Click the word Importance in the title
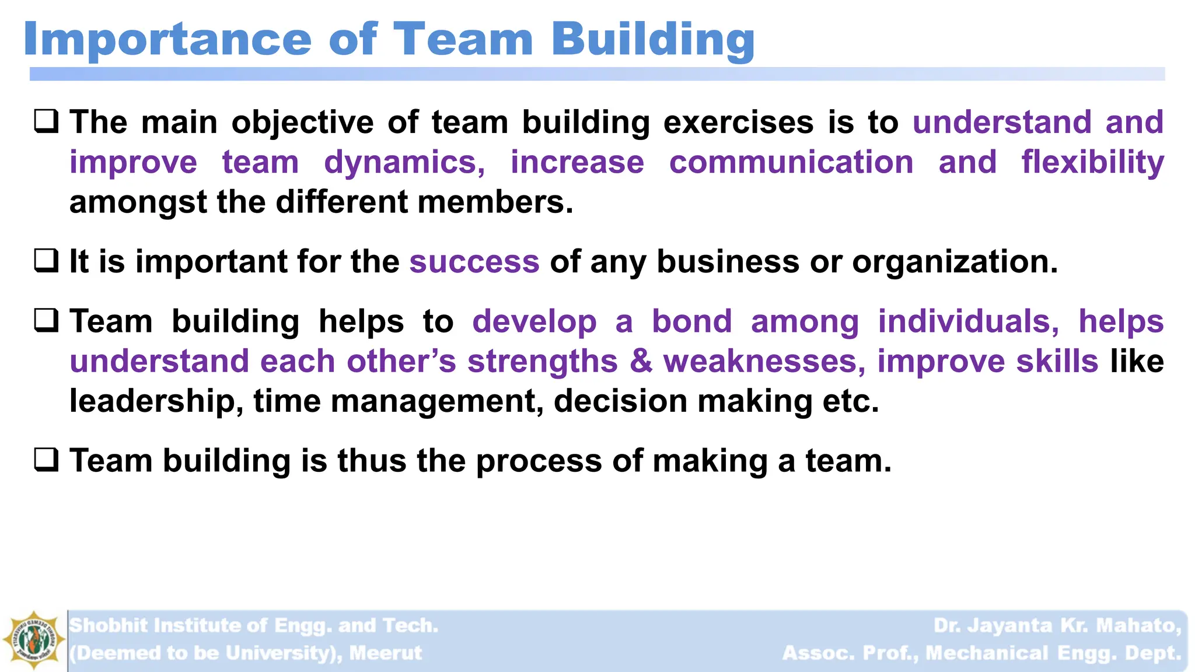(167, 40)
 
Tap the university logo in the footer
(34, 640)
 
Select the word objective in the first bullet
(302, 123)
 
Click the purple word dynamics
(404, 163)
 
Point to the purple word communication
(791, 162)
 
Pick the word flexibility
(1092, 162)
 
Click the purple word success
(474, 261)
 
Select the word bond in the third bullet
(691, 321)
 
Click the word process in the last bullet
(538, 461)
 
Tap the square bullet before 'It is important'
(46, 261)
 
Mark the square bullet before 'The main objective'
(46, 121)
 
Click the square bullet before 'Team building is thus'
(46, 460)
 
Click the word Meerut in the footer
(385, 653)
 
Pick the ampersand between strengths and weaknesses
(641, 361)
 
